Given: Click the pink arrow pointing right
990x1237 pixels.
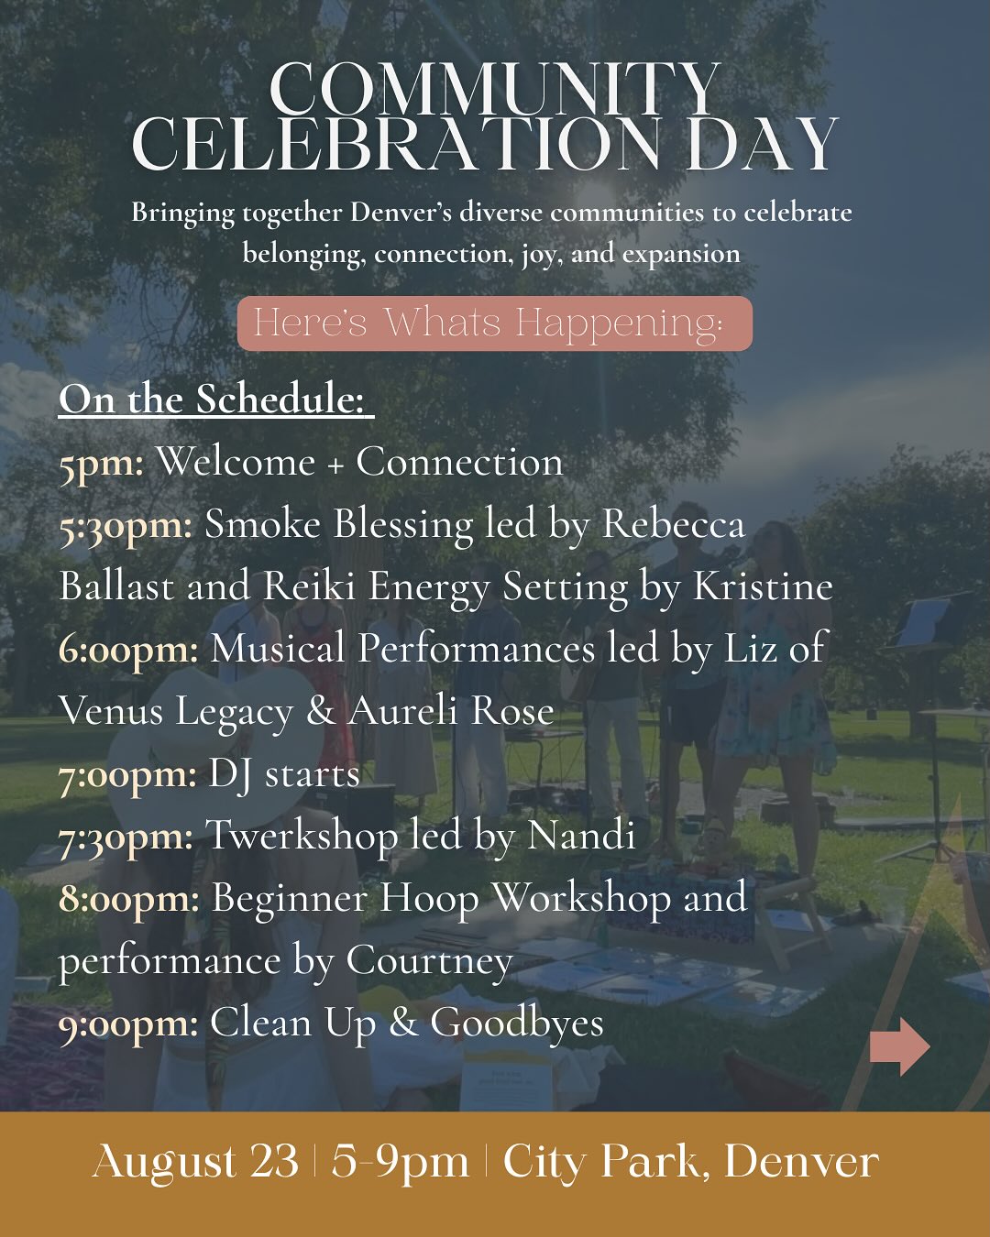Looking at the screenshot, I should coord(899,1045).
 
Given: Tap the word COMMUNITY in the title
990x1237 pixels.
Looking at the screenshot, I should coord(495,90).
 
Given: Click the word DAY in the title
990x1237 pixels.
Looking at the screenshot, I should coord(761,145).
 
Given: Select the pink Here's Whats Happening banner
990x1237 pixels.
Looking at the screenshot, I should coord(494,323).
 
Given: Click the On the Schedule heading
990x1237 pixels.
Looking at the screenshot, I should coord(215,400).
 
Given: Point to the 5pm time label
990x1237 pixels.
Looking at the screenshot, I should coord(101,463).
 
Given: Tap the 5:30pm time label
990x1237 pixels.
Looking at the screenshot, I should coord(126,525).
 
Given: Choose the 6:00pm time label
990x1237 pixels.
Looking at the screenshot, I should coord(128,650).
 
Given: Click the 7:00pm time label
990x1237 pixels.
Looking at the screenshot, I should coord(127,774).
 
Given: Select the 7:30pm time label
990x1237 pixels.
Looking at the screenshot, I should coord(126,837).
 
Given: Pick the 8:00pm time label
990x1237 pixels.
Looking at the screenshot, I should coord(128,898).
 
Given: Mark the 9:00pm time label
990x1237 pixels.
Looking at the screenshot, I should coord(128,1023).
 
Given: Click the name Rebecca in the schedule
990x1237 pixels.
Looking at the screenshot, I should coord(673,525).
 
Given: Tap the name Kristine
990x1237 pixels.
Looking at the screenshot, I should coord(763,587).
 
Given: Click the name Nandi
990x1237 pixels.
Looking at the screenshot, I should coord(581,836).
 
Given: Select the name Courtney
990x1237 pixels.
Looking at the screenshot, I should coord(429,962).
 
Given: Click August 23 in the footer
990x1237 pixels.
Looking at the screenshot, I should coord(195,1162).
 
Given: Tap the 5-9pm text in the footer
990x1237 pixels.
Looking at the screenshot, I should coord(400,1162).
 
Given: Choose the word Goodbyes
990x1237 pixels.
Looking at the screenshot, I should coord(517,1024).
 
